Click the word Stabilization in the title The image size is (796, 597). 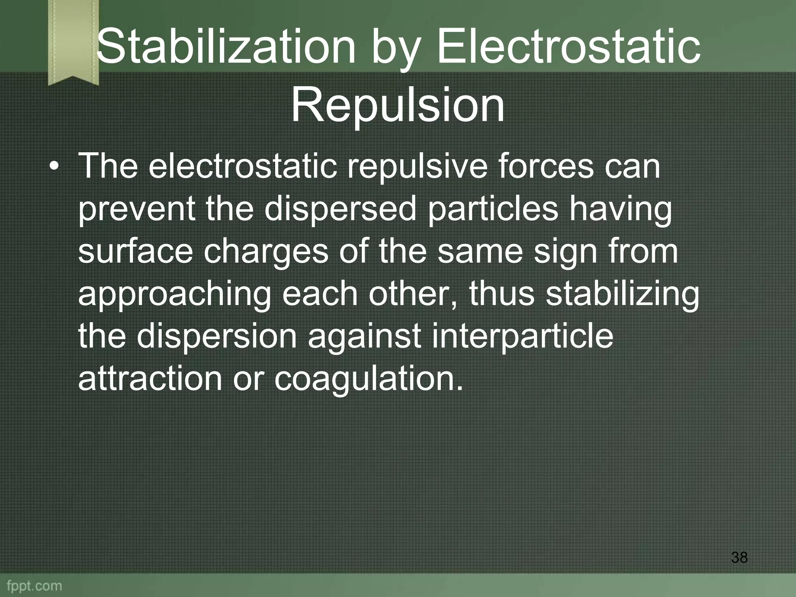[226, 47]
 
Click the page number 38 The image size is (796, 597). [739, 558]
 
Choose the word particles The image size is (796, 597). [493, 210]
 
